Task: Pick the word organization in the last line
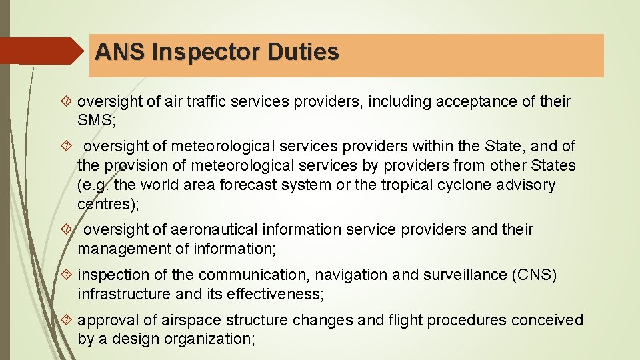210,339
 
